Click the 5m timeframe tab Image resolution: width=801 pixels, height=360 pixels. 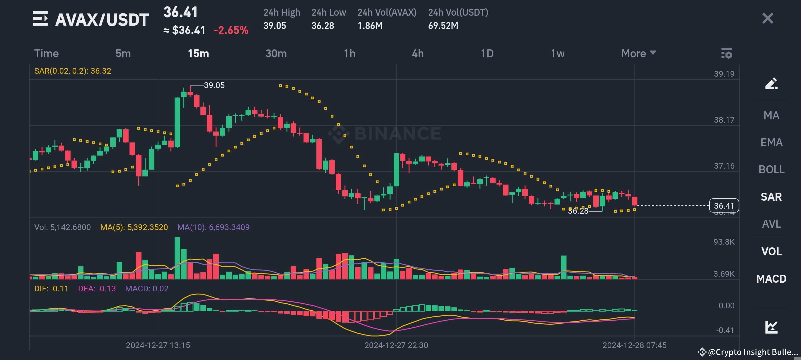[x=123, y=53]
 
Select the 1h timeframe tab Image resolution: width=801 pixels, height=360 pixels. [x=349, y=53]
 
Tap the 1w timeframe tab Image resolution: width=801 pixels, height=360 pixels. [x=557, y=53]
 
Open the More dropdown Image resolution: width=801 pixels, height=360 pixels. [x=638, y=53]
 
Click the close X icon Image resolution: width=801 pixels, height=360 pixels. [x=767, y=18]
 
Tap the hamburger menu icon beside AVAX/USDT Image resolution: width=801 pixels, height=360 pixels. [x=40, y=19]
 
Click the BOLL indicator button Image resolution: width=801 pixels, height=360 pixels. [x=771, y=170]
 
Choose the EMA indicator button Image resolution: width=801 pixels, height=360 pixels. [x=771, y=143]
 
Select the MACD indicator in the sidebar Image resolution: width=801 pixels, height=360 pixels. [x=771, y=279]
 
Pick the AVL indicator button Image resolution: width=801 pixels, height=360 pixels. [x=771, y=224]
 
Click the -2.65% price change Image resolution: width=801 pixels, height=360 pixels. [x=231, y=30]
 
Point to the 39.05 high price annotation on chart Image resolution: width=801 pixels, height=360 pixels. [x=214, y=85]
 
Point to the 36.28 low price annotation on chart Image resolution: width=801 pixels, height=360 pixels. [x=578, y=211]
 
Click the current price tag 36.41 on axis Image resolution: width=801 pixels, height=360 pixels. [x=724, y=206]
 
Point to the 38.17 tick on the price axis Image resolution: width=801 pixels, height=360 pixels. [x=724, y=120]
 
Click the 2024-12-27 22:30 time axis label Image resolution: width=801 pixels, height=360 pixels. [x=396, y=345]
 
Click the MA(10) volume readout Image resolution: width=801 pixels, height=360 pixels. [x=213, y=227]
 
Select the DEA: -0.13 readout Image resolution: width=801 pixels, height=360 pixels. [x=97, y=289]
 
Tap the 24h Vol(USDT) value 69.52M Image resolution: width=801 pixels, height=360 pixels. [x=443, y=26]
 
